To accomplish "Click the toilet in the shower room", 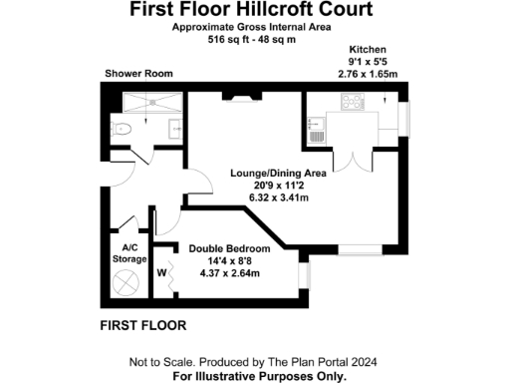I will [x=122, y=129].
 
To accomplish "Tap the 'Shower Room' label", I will [x=139, y=73].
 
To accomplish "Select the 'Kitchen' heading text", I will [x=368, y=49].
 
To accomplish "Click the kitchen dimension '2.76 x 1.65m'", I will [x=368, y=74].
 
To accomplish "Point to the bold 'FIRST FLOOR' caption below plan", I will [x=143, y=326].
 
